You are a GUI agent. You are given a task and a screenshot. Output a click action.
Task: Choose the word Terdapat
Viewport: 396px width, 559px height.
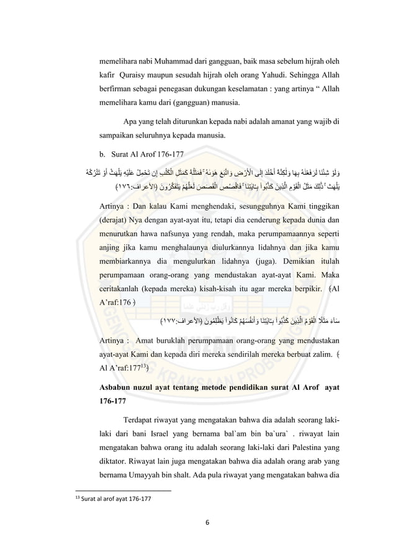tap(144, 421)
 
